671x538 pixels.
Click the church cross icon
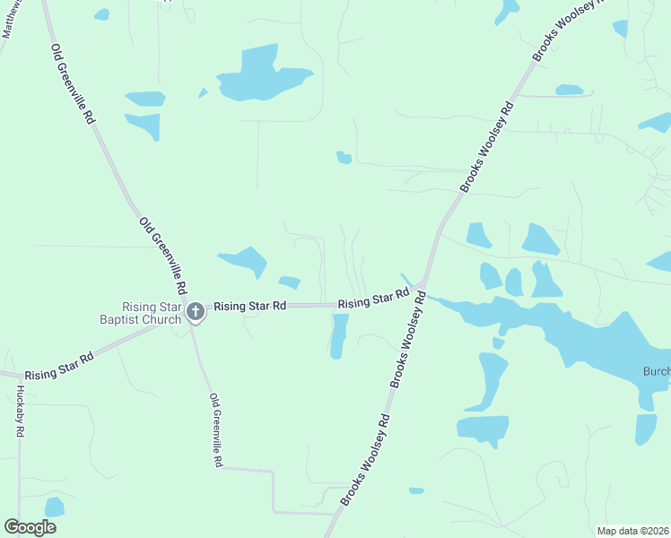coord(195,313)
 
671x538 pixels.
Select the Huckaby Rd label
coord(20,411)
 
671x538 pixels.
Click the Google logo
coord(30,527)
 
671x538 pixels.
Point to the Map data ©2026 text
coord(633,531)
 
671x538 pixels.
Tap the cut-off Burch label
coord(656,371)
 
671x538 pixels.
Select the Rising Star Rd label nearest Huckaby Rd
coord(59,366)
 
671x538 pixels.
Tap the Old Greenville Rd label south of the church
coord(215,430)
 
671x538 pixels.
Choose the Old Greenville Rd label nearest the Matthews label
coord(73,82)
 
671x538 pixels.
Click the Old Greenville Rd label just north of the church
coord(161,256)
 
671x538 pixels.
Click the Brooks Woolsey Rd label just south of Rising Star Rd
coord(407,344)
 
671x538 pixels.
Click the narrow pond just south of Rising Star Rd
coord(338,335)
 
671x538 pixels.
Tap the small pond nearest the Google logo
coord(55,507)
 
